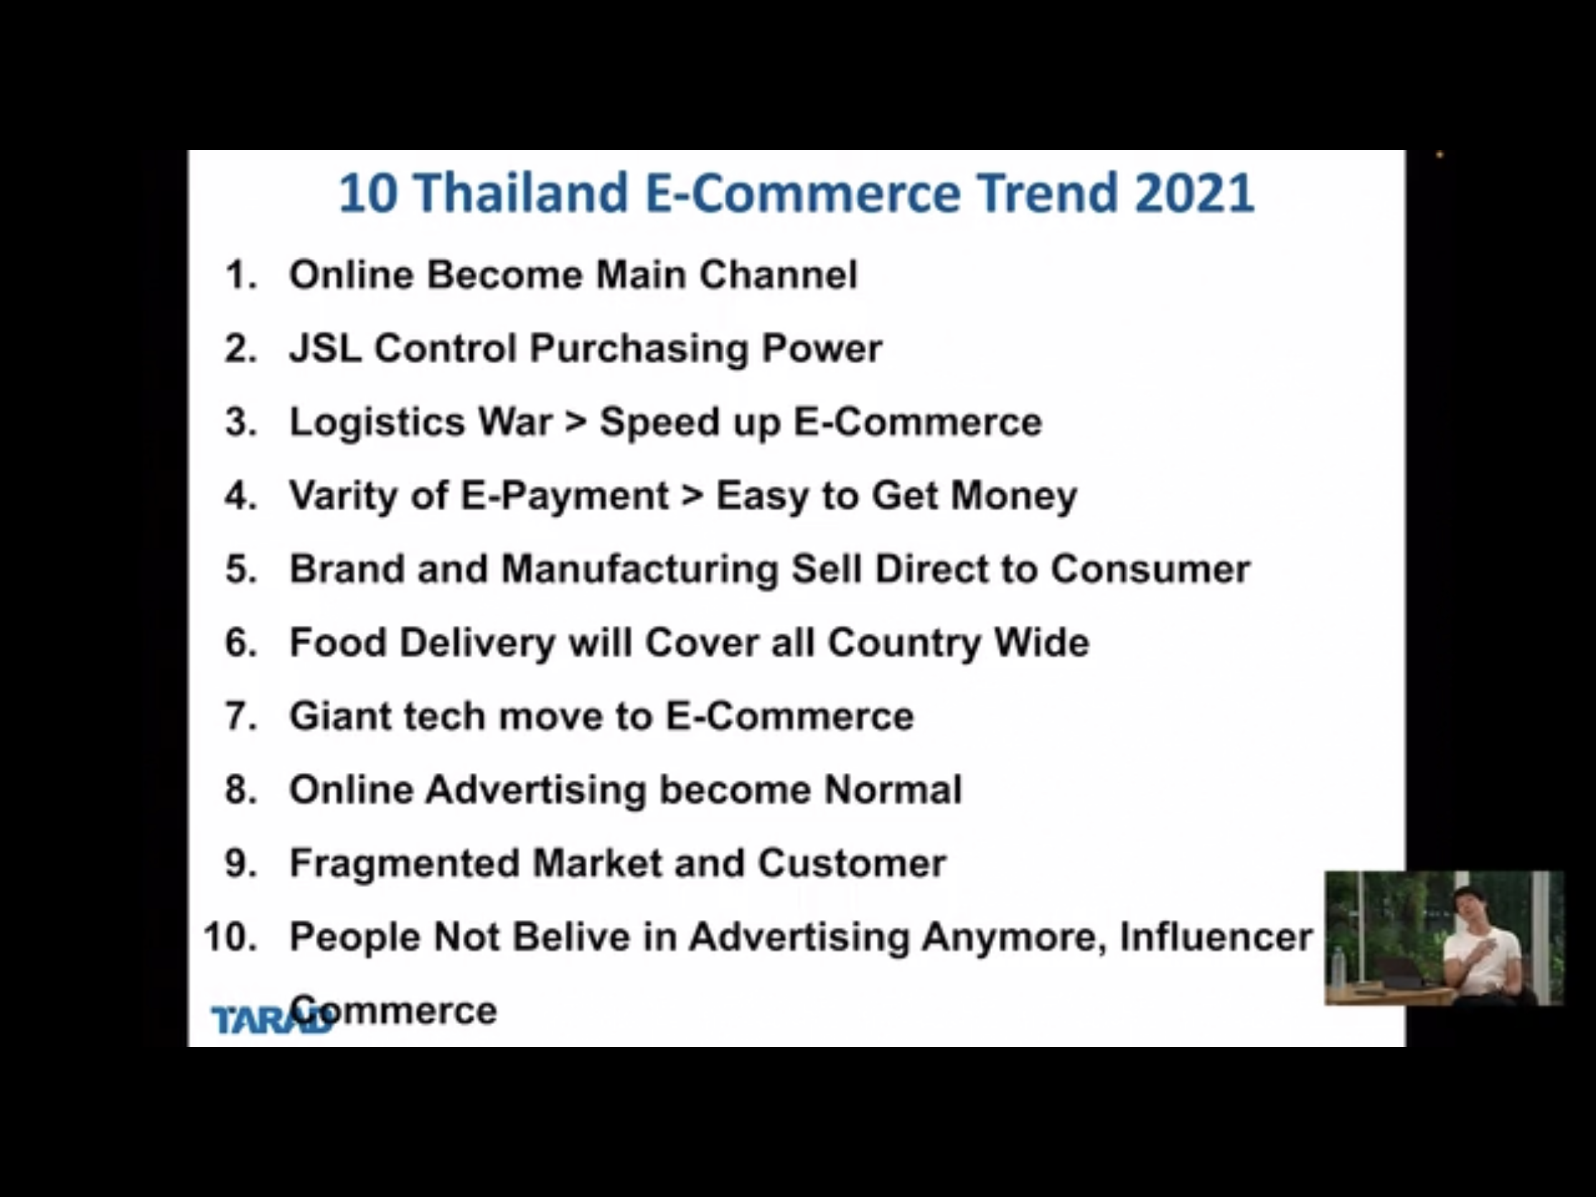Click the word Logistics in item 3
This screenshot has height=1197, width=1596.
[x=377, y=423]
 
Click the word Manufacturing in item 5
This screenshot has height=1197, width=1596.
[x=640, y=569]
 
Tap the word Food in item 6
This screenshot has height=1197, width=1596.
[x=338, y=642]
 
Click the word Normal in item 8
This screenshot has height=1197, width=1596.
[x=893, y=789]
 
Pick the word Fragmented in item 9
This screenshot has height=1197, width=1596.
[x=404, y=863]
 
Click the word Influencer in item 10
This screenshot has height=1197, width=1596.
[x=1216, y=937]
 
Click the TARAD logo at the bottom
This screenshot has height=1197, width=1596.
[x=272, y=1019]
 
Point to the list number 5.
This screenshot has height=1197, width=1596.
[x=241, y=569]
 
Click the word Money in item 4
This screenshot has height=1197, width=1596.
[x=1014, y=497]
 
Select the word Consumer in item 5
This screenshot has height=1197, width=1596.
[x=1150, y=569]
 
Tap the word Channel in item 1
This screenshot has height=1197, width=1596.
[x=779, y=275]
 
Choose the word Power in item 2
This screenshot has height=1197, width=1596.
[x=822, y=348]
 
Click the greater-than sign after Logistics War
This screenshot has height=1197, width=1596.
[x=576, y=422]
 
